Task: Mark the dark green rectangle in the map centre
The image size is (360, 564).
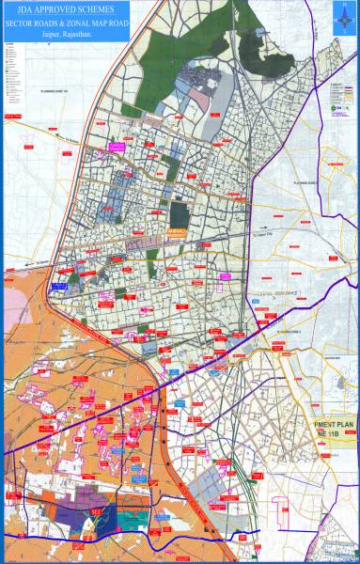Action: click(x=179, y=211)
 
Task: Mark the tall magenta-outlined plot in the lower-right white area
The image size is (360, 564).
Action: click(x=279, y=508)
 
